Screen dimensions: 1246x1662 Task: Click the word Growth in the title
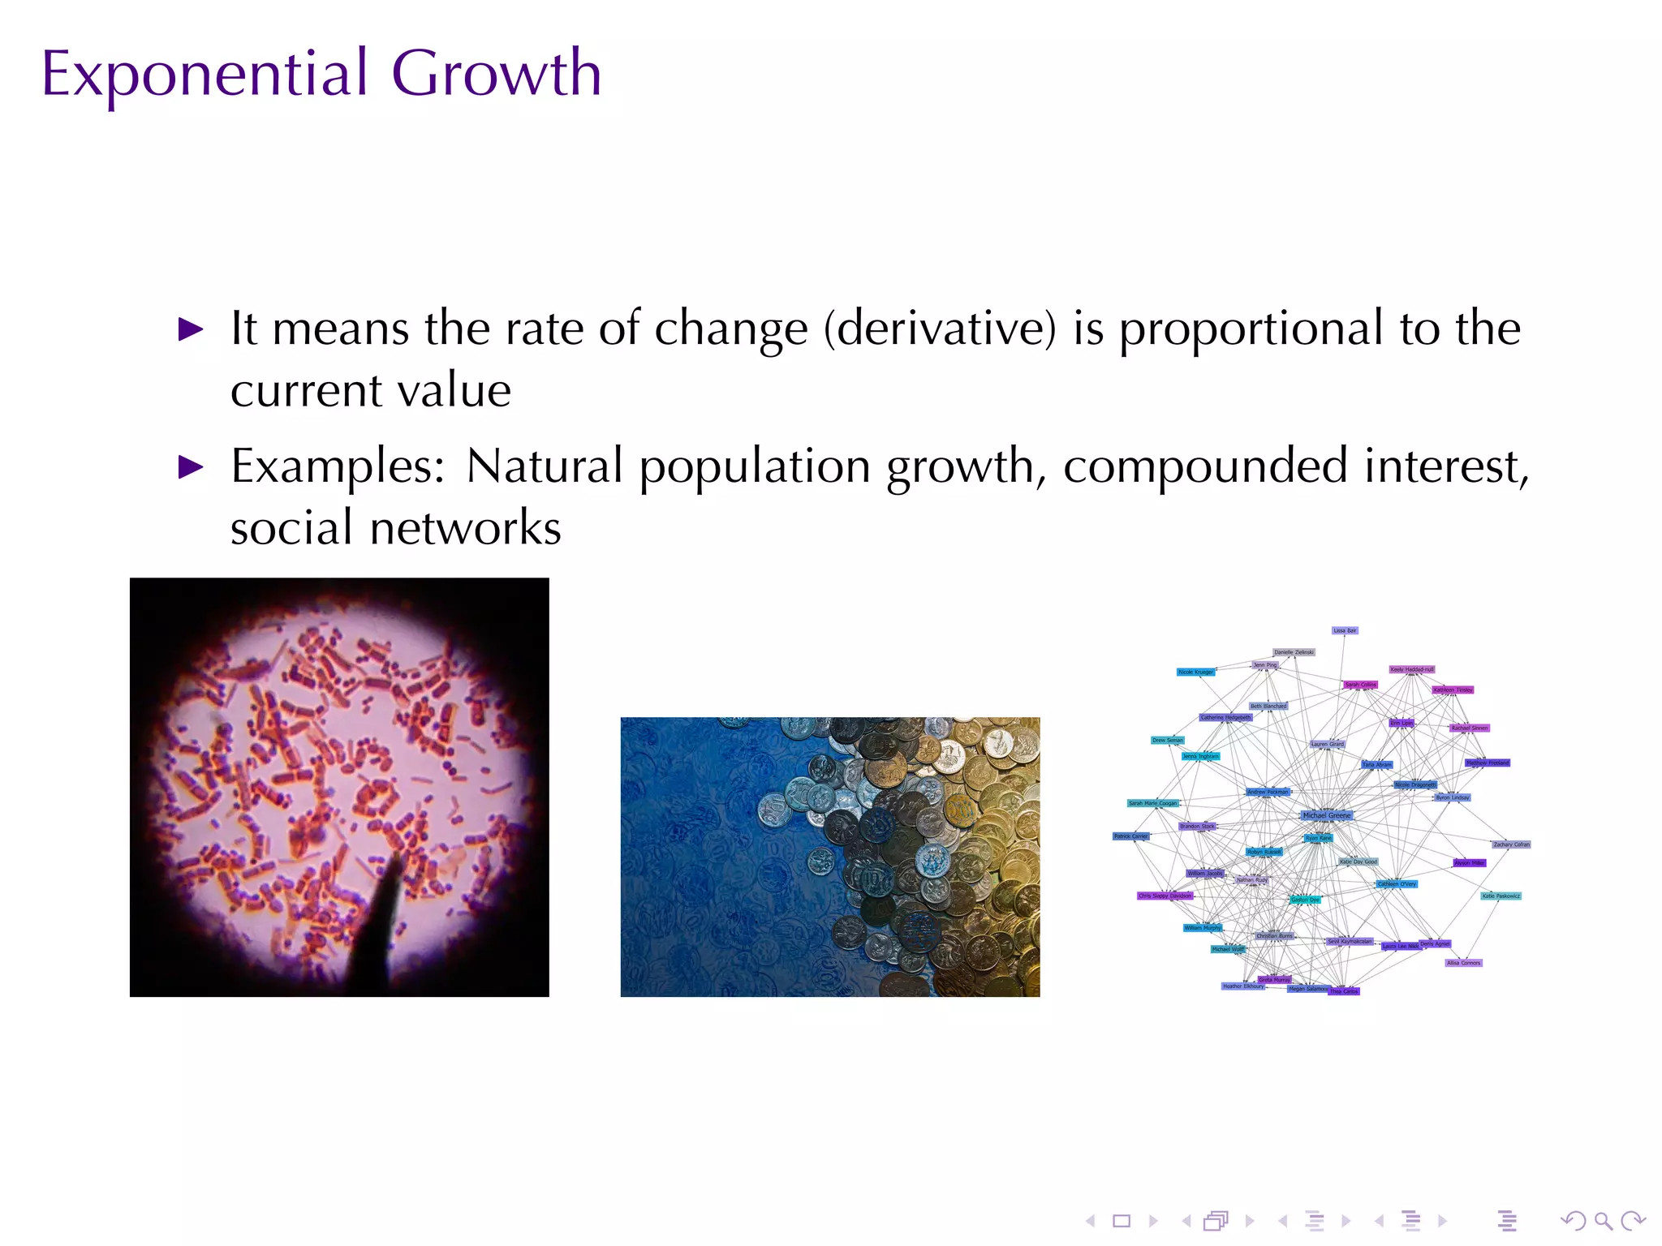pyautogui.click(x=496, y=74)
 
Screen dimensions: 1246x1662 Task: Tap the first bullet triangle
pyautogui.click(x=190, y=329)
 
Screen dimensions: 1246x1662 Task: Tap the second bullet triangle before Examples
pyautogui.click(x=190, y=466)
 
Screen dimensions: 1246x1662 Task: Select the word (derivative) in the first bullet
pyautogui.click(x=941, y=329)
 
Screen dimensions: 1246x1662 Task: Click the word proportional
pyautogui.click(x=1251, y=329)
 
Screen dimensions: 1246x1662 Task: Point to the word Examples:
pyautogui.click(x=338, y=466)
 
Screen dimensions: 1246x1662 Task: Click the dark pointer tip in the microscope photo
pyautogui.click(x=395, y=864)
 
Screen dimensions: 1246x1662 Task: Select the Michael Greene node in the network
pyautogui.click(x=1326, y=815)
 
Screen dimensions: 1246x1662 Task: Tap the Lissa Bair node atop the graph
pyautogui.click(x=1345, y=630)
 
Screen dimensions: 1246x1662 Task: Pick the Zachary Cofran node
pyautogui.click(x=1511, y=844)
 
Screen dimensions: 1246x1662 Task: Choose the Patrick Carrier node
pyautogui.click(x=1130, y=836)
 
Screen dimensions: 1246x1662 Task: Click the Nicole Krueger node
pyautogui.click(x=1195, y=672)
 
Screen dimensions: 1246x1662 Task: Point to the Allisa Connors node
pyautogui.click(x=1463, y=963)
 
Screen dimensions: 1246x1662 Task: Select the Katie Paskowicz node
pyautogui.click(x=1501, y=896)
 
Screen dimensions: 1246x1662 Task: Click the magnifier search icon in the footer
pyautogui.click(x=1603, y=1220)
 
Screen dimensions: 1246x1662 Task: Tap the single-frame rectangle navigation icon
pyautogui.click(x=1122, y=1220)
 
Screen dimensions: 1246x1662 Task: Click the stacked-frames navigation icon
pyautogui.click(x=1216, y=1220)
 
